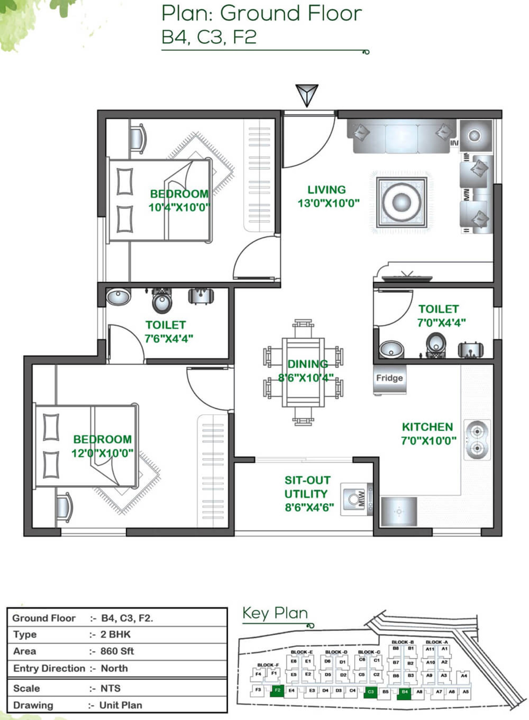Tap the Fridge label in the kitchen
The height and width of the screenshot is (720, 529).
[389, 378]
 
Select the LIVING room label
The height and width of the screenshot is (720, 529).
[326, 190]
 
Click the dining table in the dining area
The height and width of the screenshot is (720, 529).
[303, 372]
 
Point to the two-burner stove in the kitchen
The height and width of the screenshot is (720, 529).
[477, 440]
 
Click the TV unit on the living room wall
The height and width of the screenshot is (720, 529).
[407, 278]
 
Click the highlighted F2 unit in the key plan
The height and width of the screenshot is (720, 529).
[277, 690]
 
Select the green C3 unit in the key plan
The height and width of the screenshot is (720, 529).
[371, 692]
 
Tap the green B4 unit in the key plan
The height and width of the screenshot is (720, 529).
[404, 692]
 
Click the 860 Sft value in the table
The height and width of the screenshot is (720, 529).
[117, 651]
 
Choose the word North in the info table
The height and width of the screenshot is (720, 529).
[114, 668]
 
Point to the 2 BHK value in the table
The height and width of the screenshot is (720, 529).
[115, 634]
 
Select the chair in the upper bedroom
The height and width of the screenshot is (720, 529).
[138, 138]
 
